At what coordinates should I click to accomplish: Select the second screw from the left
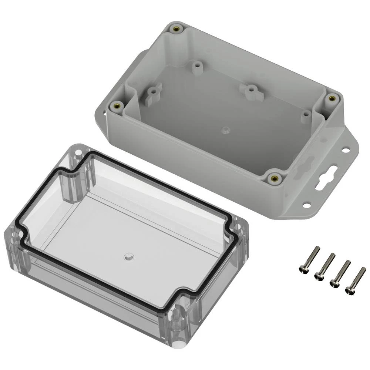pyautogui.click(x=324, y=266)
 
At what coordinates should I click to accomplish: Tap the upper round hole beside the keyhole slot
pyautogui.click(x=345, y=150)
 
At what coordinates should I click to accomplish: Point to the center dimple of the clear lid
pyautogui.click(x=128, y=256)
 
